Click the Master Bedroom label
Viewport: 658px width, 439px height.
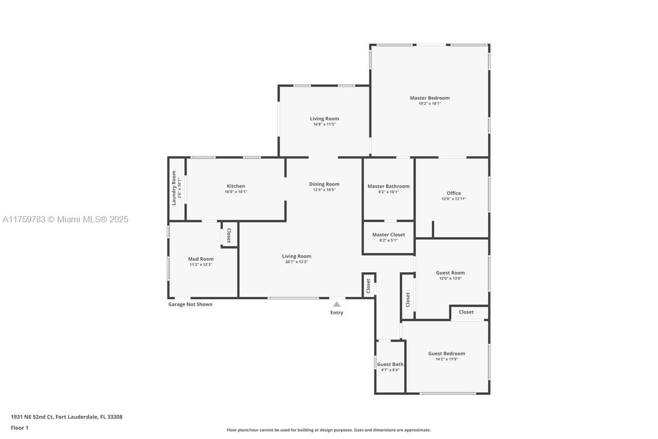tap(430, 98)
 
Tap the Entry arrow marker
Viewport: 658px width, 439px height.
tap(336, 304)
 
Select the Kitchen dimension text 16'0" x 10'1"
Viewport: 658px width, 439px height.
tap(236, 191)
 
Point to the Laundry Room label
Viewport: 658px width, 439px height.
tap(173, 188)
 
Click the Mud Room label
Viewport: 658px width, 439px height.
tap(201, 259)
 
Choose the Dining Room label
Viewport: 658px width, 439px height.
tap(324, 184)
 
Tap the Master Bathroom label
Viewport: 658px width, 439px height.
tap(388, 186)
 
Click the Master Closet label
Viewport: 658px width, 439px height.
tap(388, 235)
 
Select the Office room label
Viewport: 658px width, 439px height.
tap(454, 193)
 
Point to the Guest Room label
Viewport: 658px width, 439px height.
tap(450, 273)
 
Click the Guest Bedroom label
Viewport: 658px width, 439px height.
tap(447, 354)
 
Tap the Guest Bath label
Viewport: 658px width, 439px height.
tap(390, 364)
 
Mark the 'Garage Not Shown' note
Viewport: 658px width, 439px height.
tap(190, 305)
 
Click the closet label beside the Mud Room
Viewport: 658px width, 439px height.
tap(229, 235)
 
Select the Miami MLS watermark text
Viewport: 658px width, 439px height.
tap(65, 219)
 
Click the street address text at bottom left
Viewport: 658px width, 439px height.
tap(67, 417)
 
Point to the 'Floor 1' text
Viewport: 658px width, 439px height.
tap(20, 428)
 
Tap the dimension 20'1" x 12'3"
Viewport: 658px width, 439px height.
tap(296, 262)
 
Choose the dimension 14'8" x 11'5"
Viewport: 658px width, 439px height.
tap(324, 125)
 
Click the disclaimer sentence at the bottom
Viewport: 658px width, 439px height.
tap(329, 430)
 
